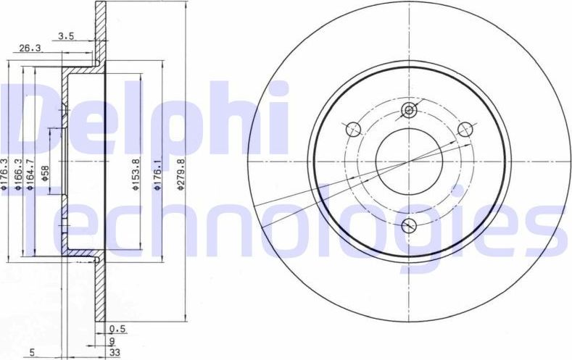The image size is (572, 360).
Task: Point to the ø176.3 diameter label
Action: pyautogui.click(x=4, y=174)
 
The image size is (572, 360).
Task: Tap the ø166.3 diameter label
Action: pyautogui.click(x=17, y=174)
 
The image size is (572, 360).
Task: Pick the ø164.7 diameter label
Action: pyautogui.click(x=30, y=174)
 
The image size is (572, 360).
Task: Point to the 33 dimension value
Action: pyautogui.click(x=115, y=353)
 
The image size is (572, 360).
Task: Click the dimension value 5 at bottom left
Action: pyautogui.click(x=33, y=353)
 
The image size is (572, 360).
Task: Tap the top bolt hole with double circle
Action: pyautogui.click(x=410, y=110)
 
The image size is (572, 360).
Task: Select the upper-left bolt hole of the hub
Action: pyautogui.click(x=354, y=129)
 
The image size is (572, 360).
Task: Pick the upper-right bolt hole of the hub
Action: pyautogui.click(x=465, y=129)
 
